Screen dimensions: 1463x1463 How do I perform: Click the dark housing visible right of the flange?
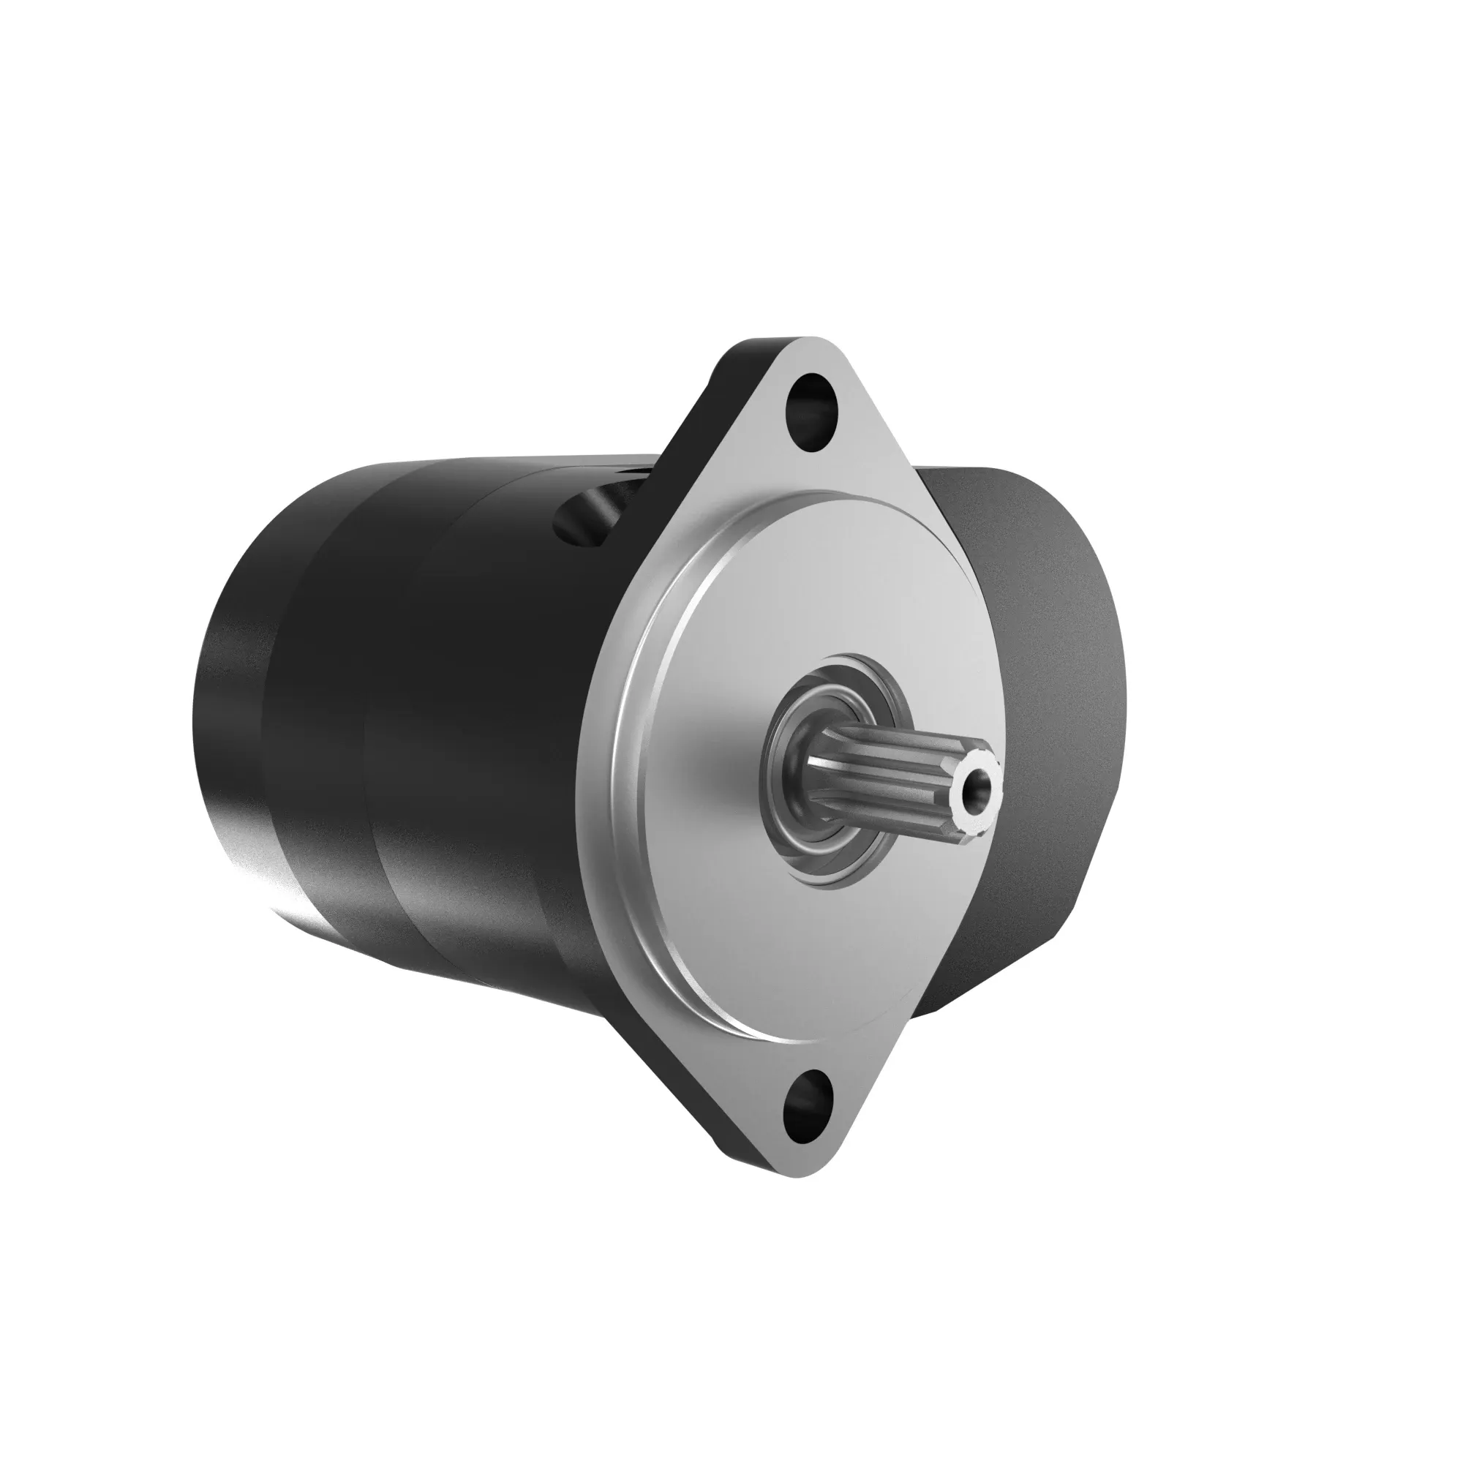tap(1045, 682)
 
